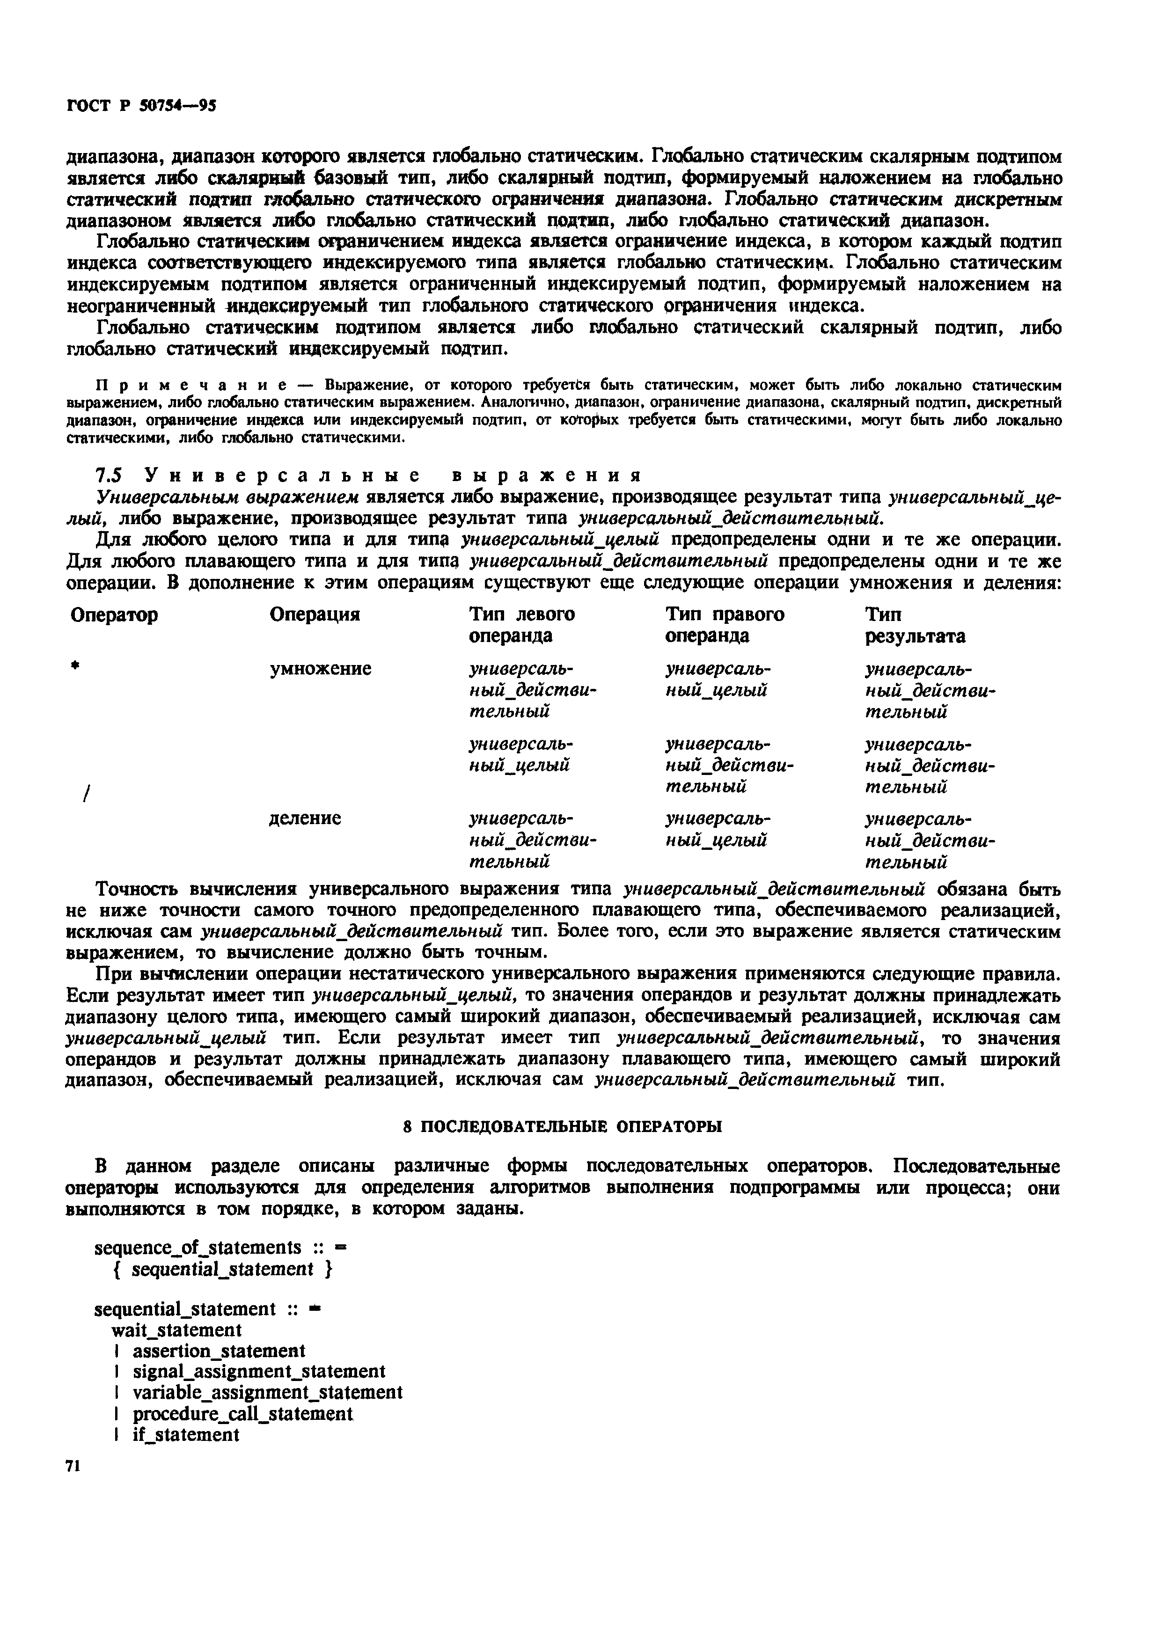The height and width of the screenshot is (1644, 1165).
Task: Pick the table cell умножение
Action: (320, 669)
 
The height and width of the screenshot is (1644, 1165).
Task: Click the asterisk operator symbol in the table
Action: (74, 666)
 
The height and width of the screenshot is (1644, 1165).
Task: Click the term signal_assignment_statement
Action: (259, 1372)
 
